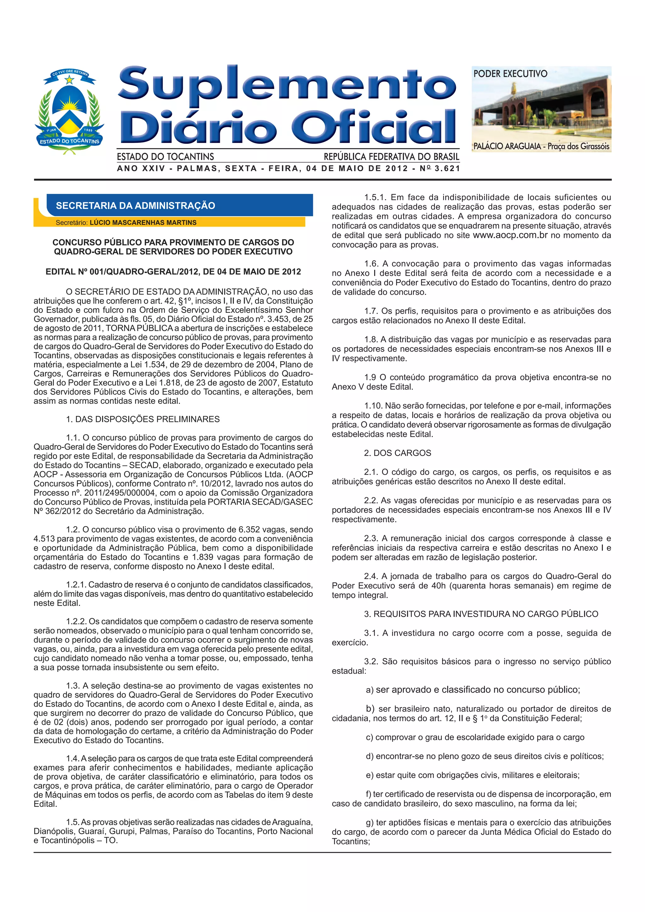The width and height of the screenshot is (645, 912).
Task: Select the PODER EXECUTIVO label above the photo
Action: (x=510, y=74)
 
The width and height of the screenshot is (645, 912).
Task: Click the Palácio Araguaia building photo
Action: (x=541, y=111)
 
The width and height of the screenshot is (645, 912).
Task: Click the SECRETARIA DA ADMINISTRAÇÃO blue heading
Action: (x=135, y=205)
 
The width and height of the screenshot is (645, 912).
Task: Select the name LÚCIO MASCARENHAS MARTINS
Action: (x=143, y=222)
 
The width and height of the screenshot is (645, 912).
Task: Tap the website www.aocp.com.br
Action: (x=510, y=235)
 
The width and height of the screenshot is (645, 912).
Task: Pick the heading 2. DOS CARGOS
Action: (x=397, y=453)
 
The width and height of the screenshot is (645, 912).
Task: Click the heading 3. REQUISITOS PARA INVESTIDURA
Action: (x=481, y=614)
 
